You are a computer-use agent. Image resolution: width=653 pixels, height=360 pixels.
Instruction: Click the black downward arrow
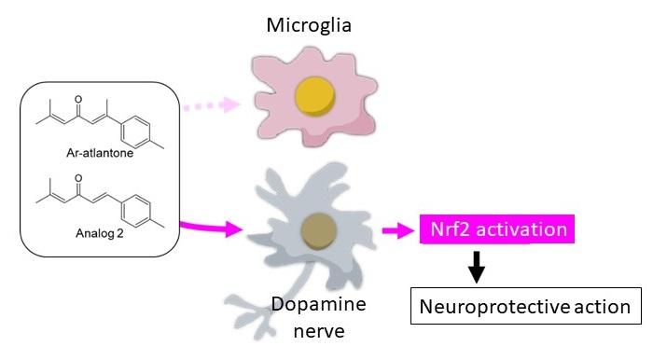click(x=477, y=269)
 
